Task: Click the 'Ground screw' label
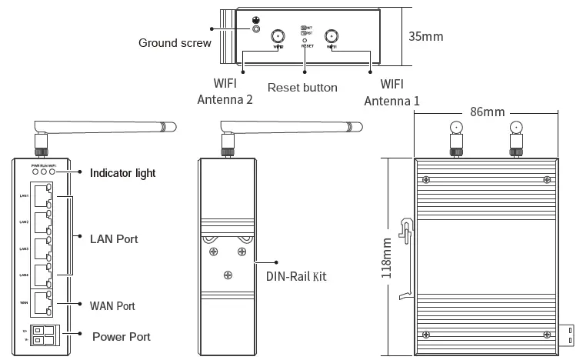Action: coord(175,43)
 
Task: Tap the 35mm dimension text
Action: coord(425,36)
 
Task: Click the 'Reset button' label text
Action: coord(302,88)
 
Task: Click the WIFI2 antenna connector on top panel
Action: coord(278,35)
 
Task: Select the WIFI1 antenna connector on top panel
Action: coord(332,35)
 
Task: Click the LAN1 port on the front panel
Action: coord(43,197)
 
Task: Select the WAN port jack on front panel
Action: coord(43,304)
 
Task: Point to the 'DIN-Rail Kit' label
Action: coord(296,275)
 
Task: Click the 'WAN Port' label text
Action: coord(113,306)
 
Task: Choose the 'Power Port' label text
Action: coord(121,337)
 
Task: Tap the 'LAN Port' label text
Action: coord(115,239)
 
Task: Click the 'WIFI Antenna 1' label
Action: coord(391,92)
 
